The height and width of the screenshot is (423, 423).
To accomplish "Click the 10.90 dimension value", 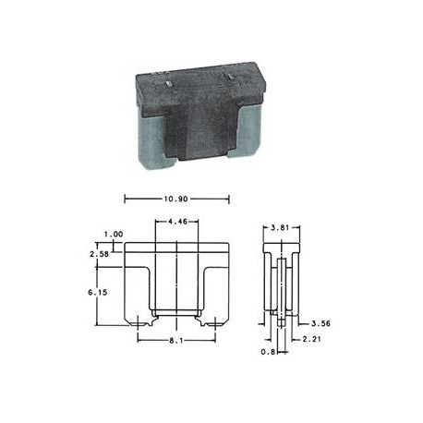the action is point(175,199).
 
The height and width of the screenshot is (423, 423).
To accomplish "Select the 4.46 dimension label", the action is point(177,221).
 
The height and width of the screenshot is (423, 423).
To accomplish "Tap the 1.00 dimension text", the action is point(114,235).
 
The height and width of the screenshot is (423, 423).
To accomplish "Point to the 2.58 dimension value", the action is point(99,254).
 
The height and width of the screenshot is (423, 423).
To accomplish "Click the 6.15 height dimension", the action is point(98,292).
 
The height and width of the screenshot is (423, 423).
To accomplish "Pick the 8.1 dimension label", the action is point(176,341).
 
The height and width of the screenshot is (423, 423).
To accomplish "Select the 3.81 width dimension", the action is point(280,228).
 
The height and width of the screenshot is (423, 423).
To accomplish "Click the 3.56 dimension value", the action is point(320,323).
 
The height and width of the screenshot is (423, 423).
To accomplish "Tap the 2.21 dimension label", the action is point(311,339).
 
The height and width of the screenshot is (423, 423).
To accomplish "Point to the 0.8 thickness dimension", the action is point(268,352).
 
